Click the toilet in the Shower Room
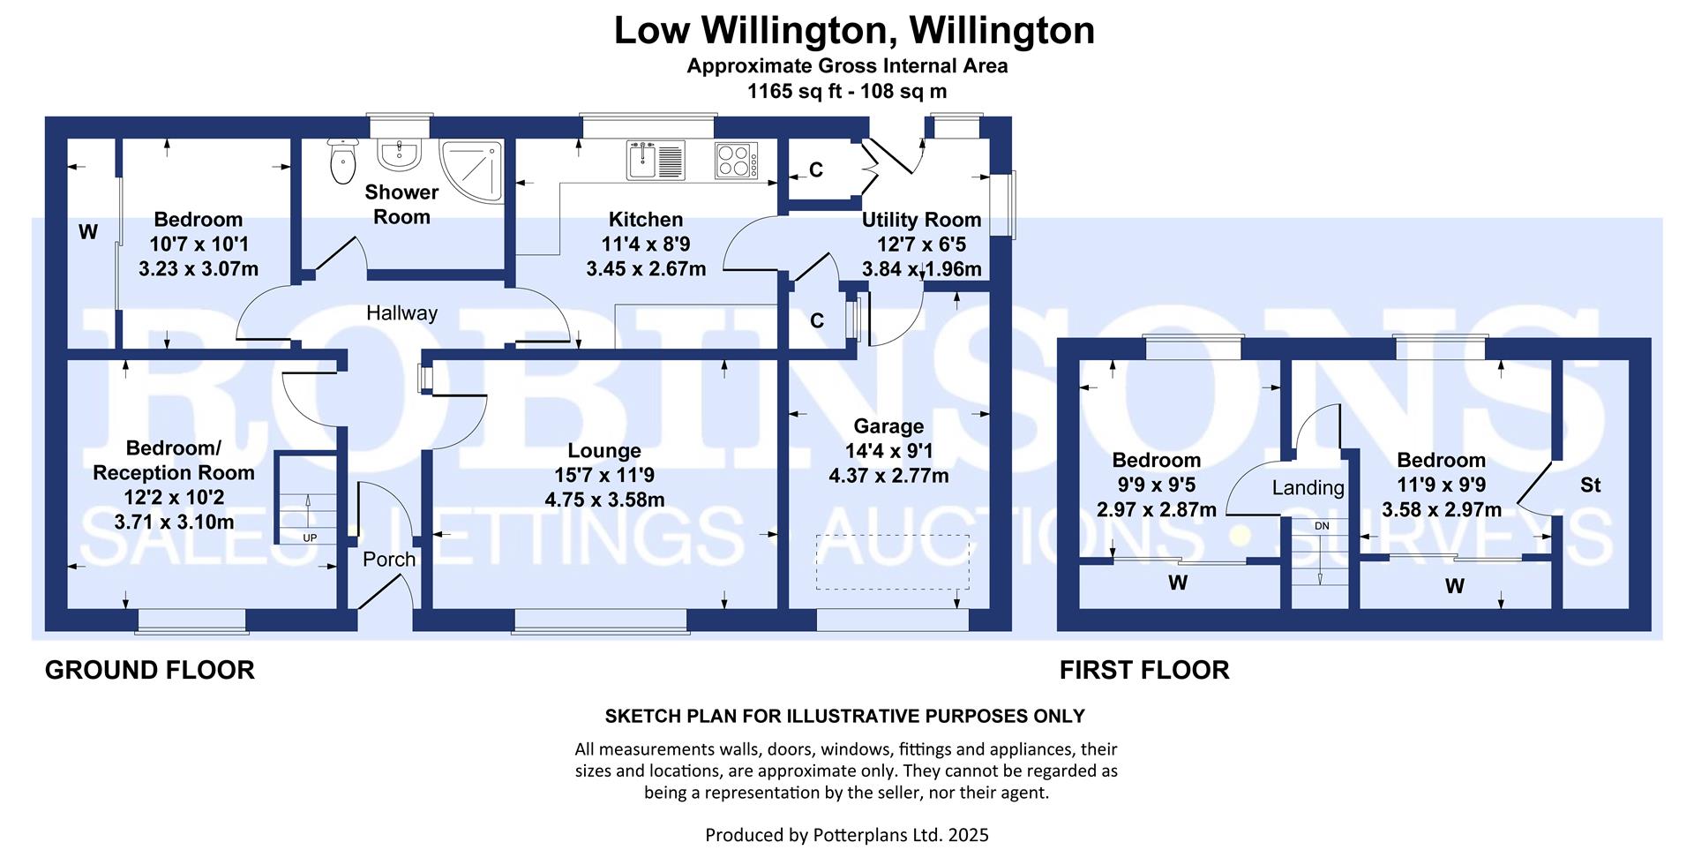[341, 162]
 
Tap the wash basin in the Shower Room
[400, 154]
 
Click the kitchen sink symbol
[656, 160]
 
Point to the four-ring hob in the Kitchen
[737, 161]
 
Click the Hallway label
[401, 313]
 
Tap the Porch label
[389, 560]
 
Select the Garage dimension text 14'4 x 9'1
[888, 451]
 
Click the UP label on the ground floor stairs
[310, 538]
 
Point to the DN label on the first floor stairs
[1321, 526]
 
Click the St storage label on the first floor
[1590, 485]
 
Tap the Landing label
[1308, 488]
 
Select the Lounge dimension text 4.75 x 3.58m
[604, 500]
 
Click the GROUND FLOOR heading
[149, 670]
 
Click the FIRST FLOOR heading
[1143, 670]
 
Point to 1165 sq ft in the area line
[792, 91]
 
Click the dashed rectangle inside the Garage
[892, 561]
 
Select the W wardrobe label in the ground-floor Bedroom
[88, 232]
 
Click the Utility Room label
[921, 220]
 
